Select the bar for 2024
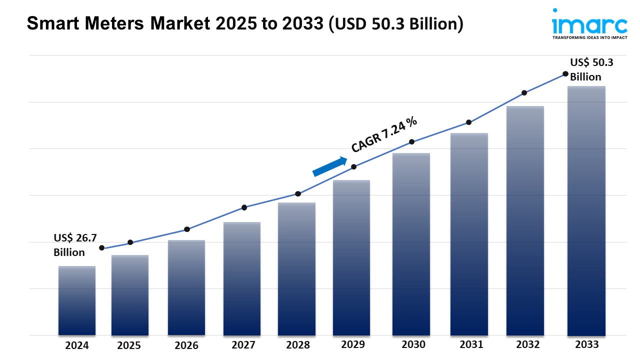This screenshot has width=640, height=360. click(77, 300)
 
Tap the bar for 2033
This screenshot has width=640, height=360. click(586, 210)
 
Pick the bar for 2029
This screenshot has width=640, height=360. click(351, 257)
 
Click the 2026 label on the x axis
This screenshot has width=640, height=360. click(186, 345)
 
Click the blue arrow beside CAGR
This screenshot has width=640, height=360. click(330, 166)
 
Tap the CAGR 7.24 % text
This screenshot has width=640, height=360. click(384, 134)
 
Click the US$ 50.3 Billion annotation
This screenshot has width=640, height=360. click(591, 69)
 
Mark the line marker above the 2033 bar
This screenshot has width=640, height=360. click(565, 73)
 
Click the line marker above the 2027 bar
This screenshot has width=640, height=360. click(244, 207)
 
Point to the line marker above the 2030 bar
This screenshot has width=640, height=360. click(411, 142)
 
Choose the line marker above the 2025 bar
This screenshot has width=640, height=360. click(130, 242)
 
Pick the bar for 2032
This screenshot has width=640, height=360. click(525, 220)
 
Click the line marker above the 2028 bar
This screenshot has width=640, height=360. click(298, 193)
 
